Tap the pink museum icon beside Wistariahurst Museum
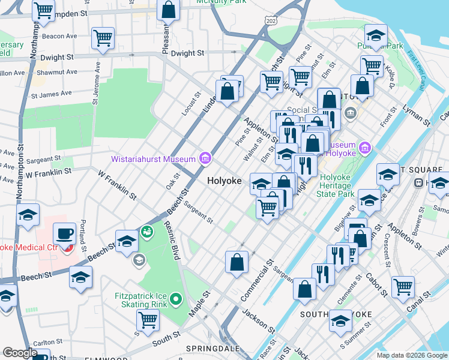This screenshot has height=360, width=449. (205, 158)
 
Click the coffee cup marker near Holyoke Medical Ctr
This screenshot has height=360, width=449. (64, 233)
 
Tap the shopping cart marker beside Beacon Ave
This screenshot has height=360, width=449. (103, 39)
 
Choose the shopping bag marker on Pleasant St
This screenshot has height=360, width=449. (169, 10)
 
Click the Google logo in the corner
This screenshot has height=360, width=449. (20, 353)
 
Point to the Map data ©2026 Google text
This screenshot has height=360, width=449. (411, 355)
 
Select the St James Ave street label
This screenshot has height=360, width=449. (51, 94)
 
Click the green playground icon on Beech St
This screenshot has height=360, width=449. (146, 230)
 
